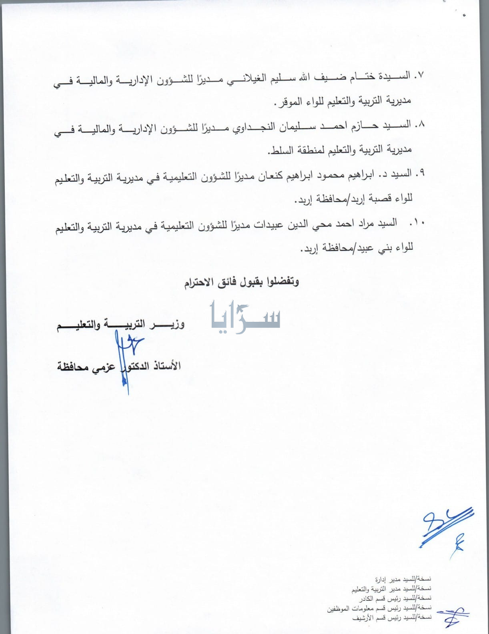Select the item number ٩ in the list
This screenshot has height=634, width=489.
(420, 173)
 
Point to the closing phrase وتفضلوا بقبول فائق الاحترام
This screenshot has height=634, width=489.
(242, 282)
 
